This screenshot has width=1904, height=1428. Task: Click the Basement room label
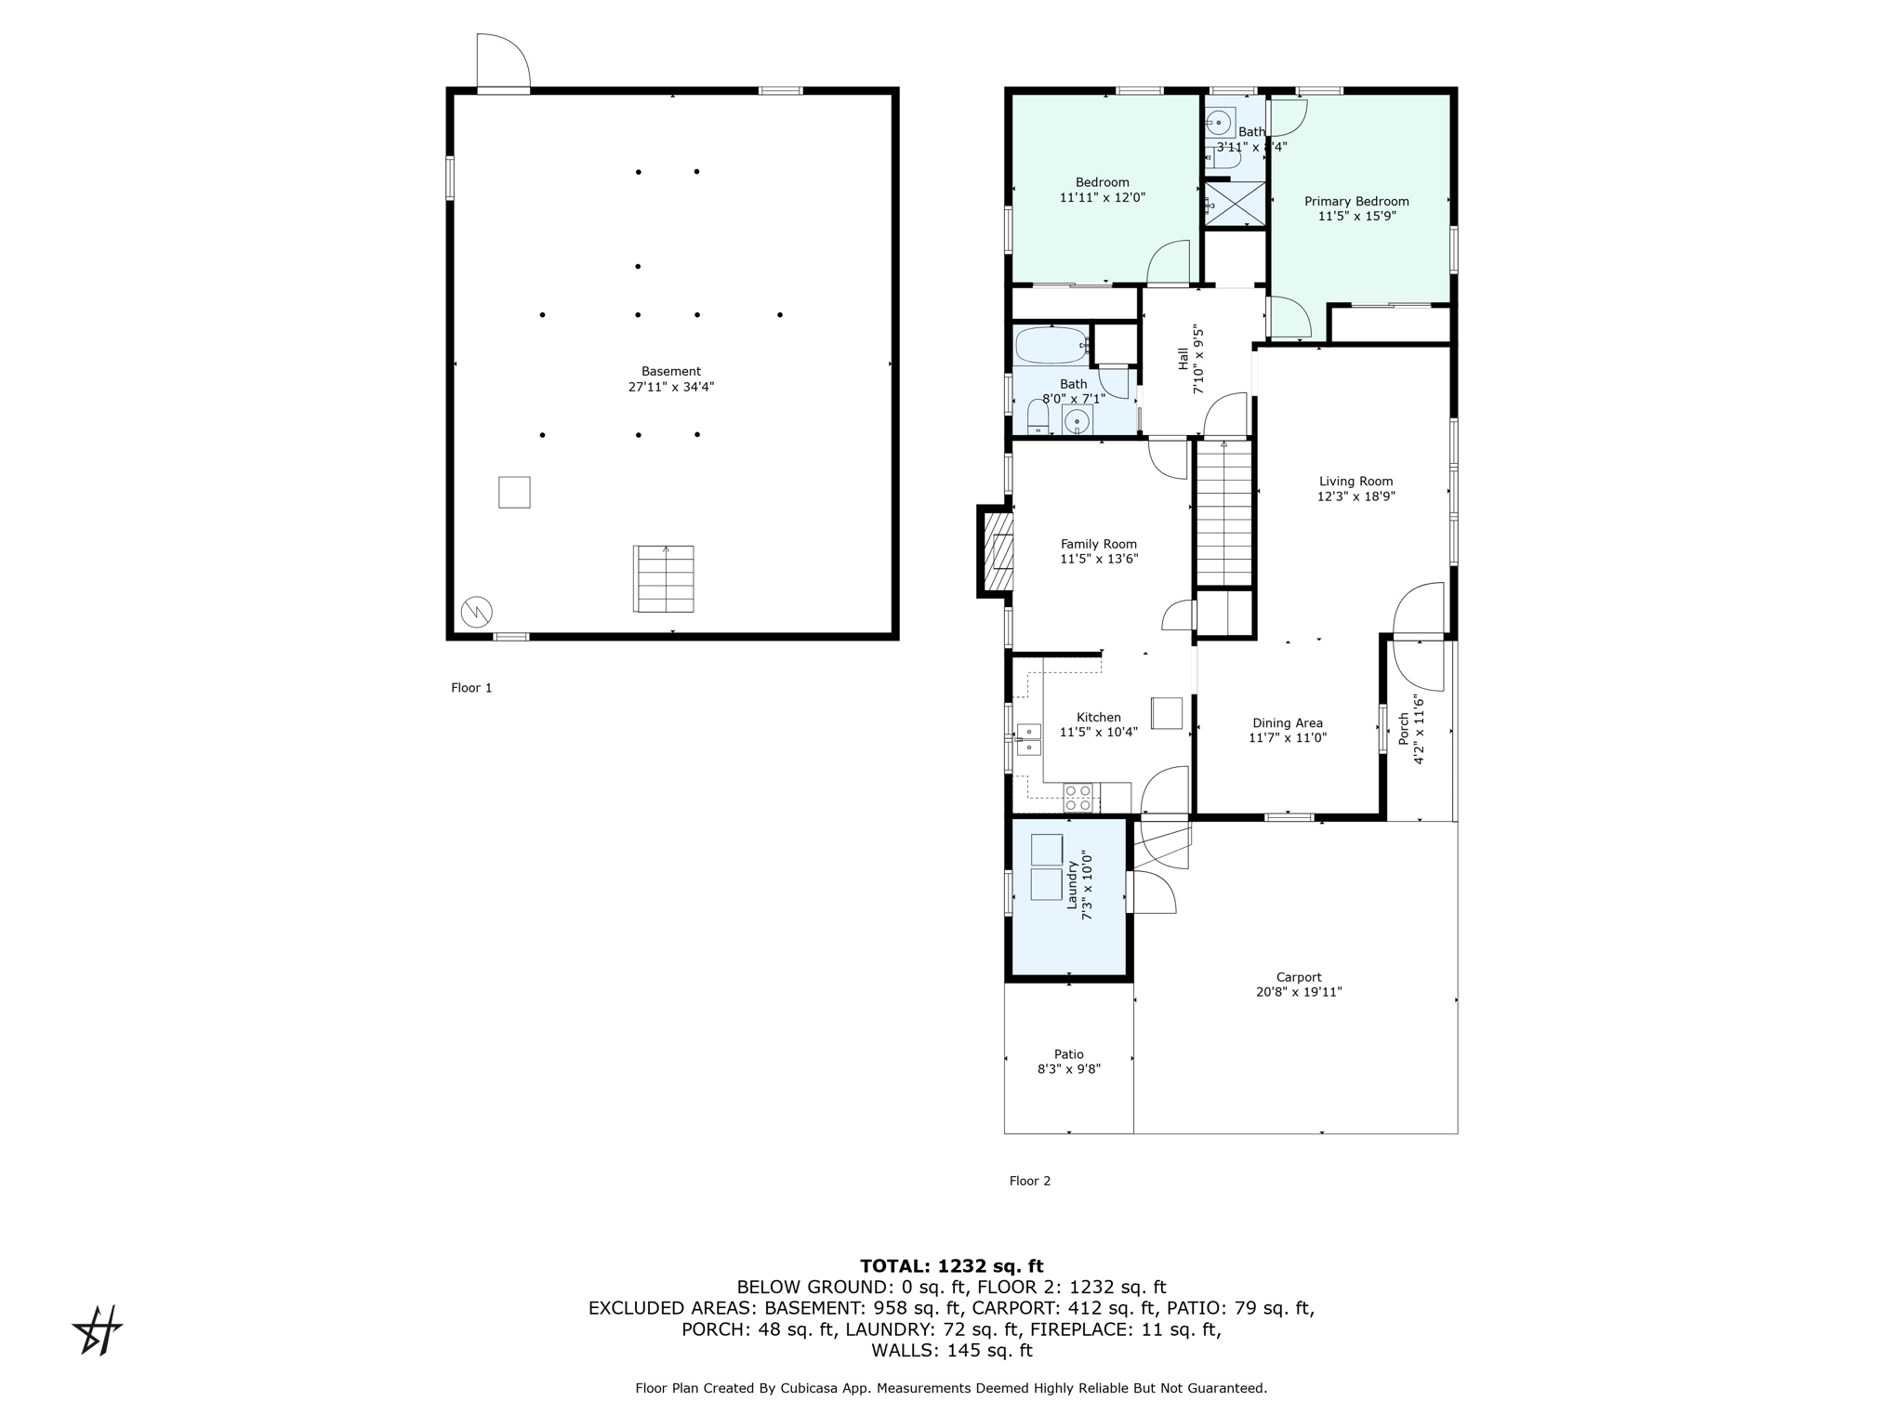point(671,372)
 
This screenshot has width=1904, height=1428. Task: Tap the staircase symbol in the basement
point(664,578)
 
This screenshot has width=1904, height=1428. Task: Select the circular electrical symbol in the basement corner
point(477,611)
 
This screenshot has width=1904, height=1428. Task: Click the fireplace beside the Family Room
point(995,551)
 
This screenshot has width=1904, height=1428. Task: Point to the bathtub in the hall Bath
point(1051,346)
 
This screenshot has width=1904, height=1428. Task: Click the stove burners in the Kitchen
point(1078,798)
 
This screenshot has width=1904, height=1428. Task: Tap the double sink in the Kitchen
point(1028,739)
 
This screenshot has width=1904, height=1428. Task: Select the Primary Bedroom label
point(1356,202)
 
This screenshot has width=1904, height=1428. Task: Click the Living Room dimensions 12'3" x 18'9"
point(1356,496)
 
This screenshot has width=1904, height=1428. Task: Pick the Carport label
point(1299,977)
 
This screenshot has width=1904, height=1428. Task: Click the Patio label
point(1069,1054)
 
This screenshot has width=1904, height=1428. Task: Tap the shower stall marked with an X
point(1236,204)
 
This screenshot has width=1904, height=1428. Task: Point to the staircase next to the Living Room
point(1224,513)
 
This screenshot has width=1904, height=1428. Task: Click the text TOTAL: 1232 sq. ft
point(952,1266)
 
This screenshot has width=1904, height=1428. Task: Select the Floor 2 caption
point(1030,1181)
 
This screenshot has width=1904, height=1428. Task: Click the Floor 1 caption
point(471,688)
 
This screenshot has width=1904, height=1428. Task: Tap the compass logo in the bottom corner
point(98,1330)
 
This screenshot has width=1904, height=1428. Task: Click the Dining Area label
point(1288,723)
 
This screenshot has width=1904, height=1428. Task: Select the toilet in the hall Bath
point(1038,416)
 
